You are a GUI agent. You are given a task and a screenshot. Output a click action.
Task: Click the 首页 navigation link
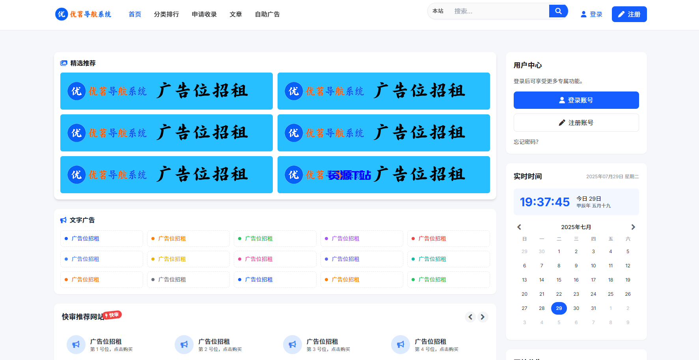pos(135,14)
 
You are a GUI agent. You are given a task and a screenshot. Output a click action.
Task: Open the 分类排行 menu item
pos(166,14)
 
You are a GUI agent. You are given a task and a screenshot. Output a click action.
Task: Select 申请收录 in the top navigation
pos(204,14)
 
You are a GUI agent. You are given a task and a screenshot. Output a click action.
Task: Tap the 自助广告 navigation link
pos(267,14)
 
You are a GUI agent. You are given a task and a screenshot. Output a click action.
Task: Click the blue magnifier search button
pos(558,11)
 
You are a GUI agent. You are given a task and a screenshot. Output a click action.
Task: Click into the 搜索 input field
pos(499,11)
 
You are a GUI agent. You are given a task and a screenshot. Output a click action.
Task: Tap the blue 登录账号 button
pos(576,100)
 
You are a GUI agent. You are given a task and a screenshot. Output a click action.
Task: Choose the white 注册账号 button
pos(576,123)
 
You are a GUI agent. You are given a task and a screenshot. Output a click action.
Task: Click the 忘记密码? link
pos(526,142)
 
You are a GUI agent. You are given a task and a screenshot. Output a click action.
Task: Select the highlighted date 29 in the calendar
pos(559,308)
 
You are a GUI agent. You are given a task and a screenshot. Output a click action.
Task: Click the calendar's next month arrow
pos(633,227)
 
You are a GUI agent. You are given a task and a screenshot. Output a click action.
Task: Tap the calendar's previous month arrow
pos(519,227)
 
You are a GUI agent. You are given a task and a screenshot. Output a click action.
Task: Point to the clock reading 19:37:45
pos(545,202)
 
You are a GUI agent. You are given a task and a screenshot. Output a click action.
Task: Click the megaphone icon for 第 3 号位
pos(292,345)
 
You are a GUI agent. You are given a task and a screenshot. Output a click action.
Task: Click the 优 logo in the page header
pos(62,14)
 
